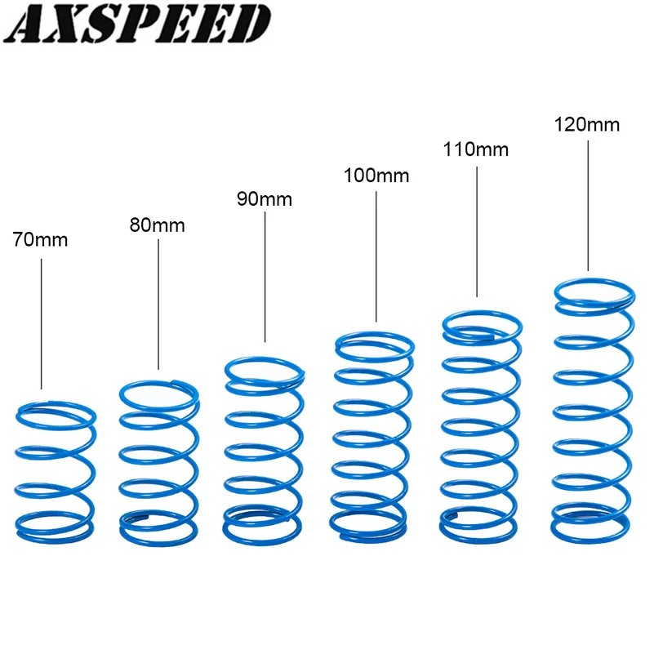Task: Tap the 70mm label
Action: pos(41,240)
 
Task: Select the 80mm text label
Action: pos(158,225)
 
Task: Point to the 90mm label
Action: pos(265,199)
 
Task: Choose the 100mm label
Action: pos(376,176)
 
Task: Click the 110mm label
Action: pos(476,149)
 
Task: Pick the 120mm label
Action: pos(587,125)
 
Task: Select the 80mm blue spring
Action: pos(159,462)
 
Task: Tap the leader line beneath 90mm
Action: pos(265,278)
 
